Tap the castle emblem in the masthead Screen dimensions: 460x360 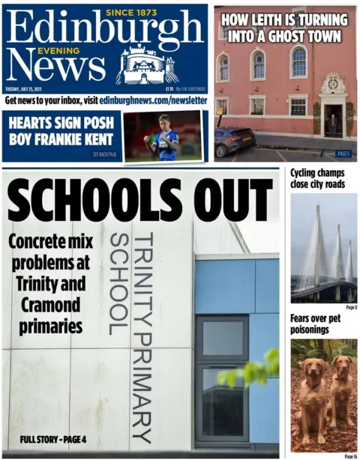coord(146,65)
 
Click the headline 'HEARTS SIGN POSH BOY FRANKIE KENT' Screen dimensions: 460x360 coord(61,132)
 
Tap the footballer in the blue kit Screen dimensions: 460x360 coord(163,136)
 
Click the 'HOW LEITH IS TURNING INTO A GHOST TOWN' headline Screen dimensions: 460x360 coord(286,26)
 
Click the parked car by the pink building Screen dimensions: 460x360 coord(234,140)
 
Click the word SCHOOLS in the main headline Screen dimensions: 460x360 coord(94,202)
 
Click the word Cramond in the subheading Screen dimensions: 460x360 coord(51,306)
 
